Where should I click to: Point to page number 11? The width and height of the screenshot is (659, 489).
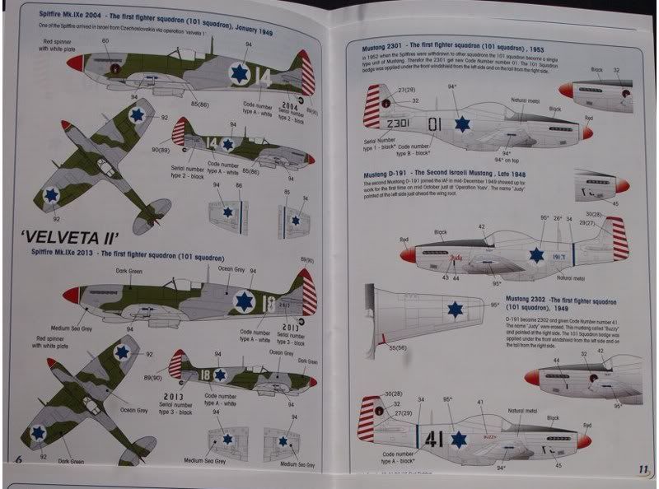[x=643, y=469]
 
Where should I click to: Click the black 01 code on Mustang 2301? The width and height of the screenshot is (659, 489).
[x=436, y=123]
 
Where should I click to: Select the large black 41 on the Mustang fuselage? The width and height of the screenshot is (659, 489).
[x=436, y=439]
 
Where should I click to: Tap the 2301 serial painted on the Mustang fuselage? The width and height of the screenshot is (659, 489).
[x=397, y=123]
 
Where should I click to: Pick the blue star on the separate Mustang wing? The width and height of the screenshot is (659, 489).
[x=454, y=309]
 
